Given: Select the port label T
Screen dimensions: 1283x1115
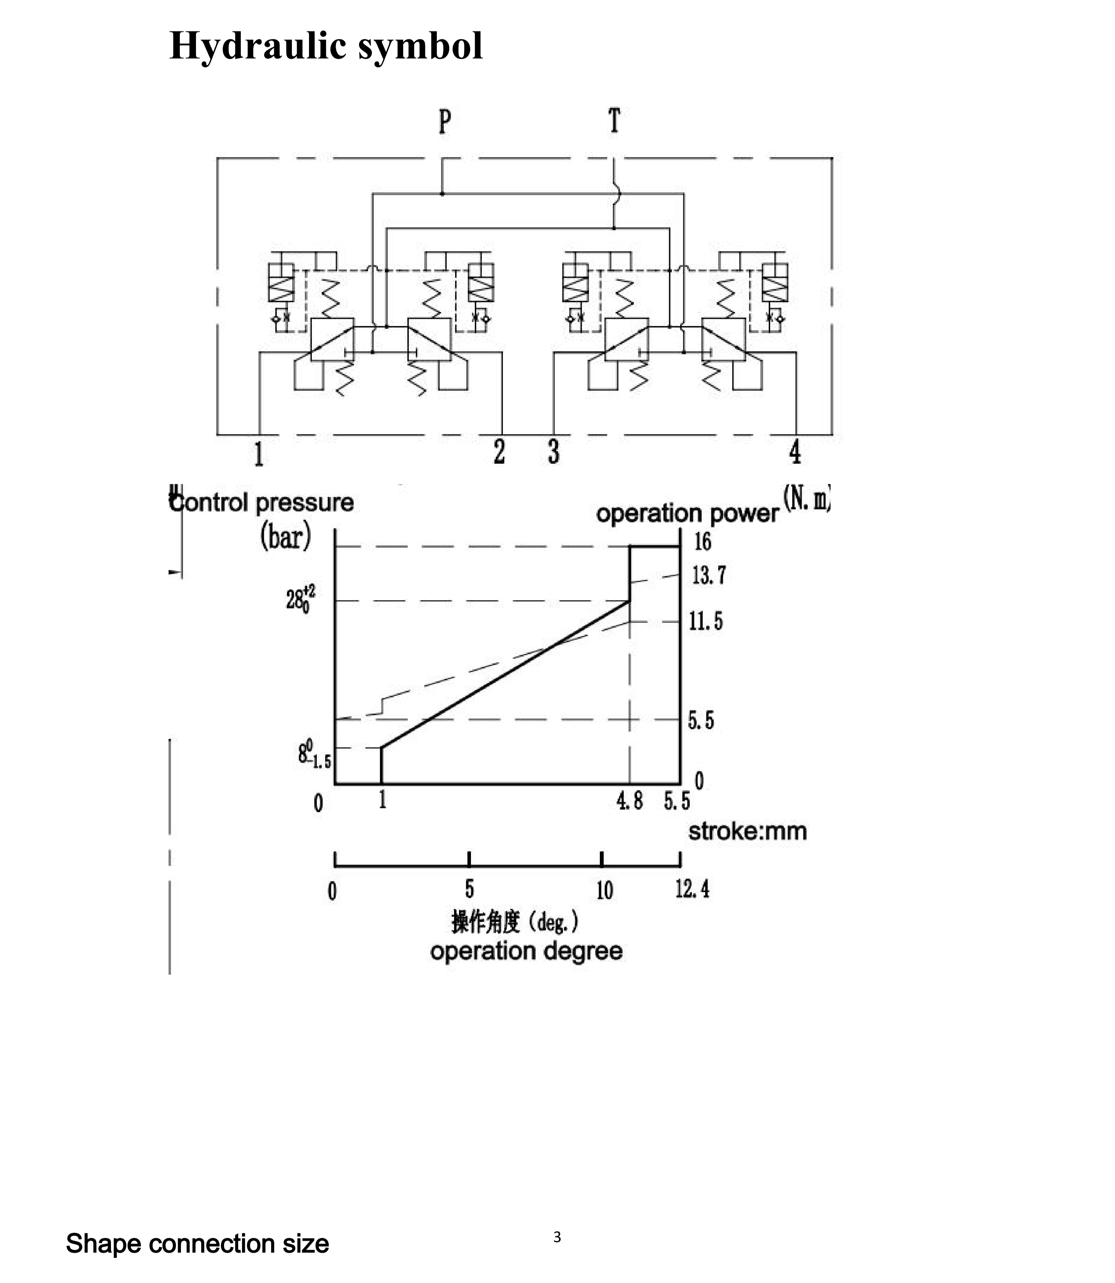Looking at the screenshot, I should click(614, 120).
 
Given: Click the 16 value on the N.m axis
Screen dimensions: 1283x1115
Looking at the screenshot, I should click(702, 541).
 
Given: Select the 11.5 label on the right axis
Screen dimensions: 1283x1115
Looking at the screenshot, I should click(706, 621).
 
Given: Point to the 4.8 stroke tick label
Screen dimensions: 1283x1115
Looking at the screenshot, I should click(630, 801).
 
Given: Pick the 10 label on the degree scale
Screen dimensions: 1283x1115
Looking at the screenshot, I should click(604, 890).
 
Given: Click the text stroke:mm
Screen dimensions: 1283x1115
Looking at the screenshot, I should click(747, 831).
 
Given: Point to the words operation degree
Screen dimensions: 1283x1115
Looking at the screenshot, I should click(526, 951).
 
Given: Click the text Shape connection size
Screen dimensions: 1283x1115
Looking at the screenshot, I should click(197, 1243).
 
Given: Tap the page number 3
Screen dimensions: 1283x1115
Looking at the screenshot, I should click(557, 1237).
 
